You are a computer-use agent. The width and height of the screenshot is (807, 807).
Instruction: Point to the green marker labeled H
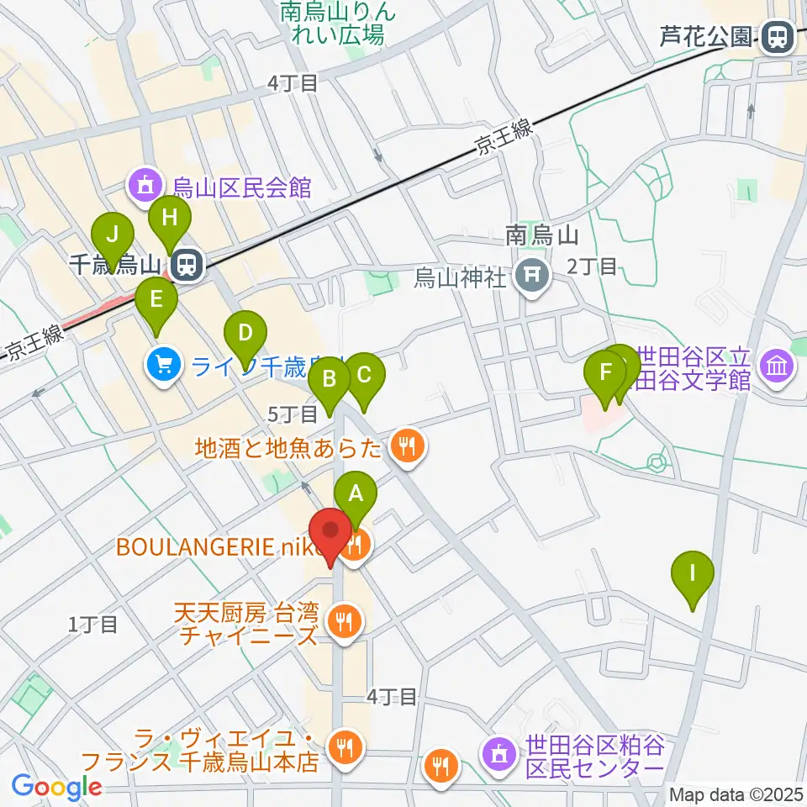[x=170, y=220]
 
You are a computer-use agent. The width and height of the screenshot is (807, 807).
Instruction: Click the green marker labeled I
[x=693, y=575]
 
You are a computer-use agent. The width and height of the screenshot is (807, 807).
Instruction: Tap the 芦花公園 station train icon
[x=776, y=37]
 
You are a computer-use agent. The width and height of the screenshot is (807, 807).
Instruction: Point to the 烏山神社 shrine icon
[x=532, y=275]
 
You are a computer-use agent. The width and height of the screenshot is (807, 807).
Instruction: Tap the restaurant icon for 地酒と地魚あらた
[x=408, y=445]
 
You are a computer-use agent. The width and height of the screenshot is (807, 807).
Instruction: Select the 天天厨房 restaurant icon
[x=343, y=622]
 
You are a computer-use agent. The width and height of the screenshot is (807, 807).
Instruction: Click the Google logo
[x=57, y=788]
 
